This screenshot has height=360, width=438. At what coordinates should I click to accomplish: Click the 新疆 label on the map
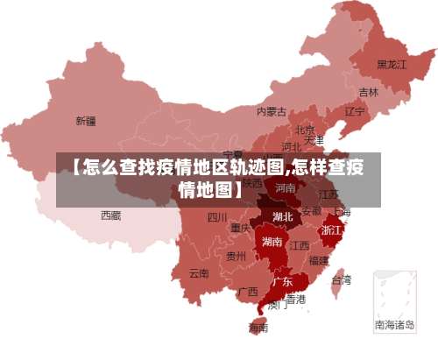(x=86, y=120)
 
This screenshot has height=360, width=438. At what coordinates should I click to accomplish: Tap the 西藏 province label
(x=110, y=215)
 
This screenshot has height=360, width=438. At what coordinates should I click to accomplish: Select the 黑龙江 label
(x=392, y=64)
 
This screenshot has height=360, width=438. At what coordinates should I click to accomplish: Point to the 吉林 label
(x=369, y=91)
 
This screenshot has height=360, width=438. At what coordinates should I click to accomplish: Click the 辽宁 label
(x=355, y=111)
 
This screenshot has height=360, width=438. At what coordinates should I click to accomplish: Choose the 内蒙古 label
(x=272, y=111)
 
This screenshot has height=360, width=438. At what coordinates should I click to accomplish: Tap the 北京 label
(x=305, y=130)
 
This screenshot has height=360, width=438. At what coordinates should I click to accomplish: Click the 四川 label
(x=217, y=217)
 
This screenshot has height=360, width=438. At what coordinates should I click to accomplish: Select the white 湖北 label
(x=282, y=216)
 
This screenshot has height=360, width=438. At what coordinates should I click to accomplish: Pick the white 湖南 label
(x=272, y=242)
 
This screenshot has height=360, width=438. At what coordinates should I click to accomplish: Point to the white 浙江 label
(x=332, y=229)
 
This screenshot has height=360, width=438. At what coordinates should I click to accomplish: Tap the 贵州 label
(x=236, y=257)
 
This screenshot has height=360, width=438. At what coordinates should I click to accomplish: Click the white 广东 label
(x=282, y=282)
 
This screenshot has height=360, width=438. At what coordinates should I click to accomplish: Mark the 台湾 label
(x=341, y=280)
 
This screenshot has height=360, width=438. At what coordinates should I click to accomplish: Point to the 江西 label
(x=300, y=244)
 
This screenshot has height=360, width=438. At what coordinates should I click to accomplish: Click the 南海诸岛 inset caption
(x=393, y=324)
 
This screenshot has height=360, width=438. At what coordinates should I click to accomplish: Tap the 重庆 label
(x=241, y=228)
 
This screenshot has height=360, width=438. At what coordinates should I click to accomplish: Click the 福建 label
(x=319, y=260)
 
